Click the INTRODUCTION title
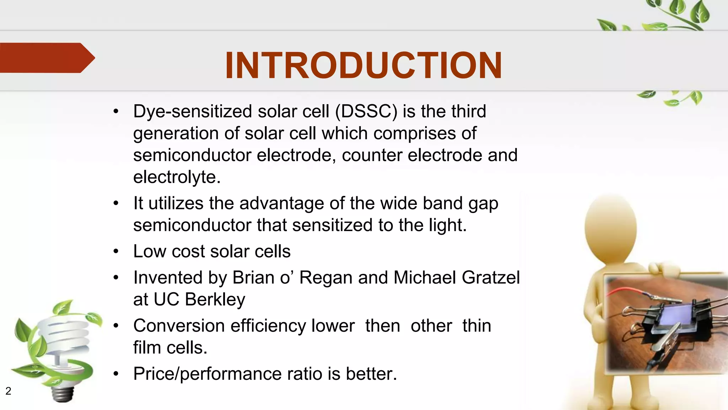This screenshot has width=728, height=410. click(363, 65)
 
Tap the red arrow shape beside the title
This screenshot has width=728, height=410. click(44, 58)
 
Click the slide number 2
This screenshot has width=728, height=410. click(8, 391)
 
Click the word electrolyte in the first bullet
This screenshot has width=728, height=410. click(177, 177)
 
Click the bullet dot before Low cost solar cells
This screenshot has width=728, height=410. click(116, 252)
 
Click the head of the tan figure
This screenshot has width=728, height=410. click(610, 228)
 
